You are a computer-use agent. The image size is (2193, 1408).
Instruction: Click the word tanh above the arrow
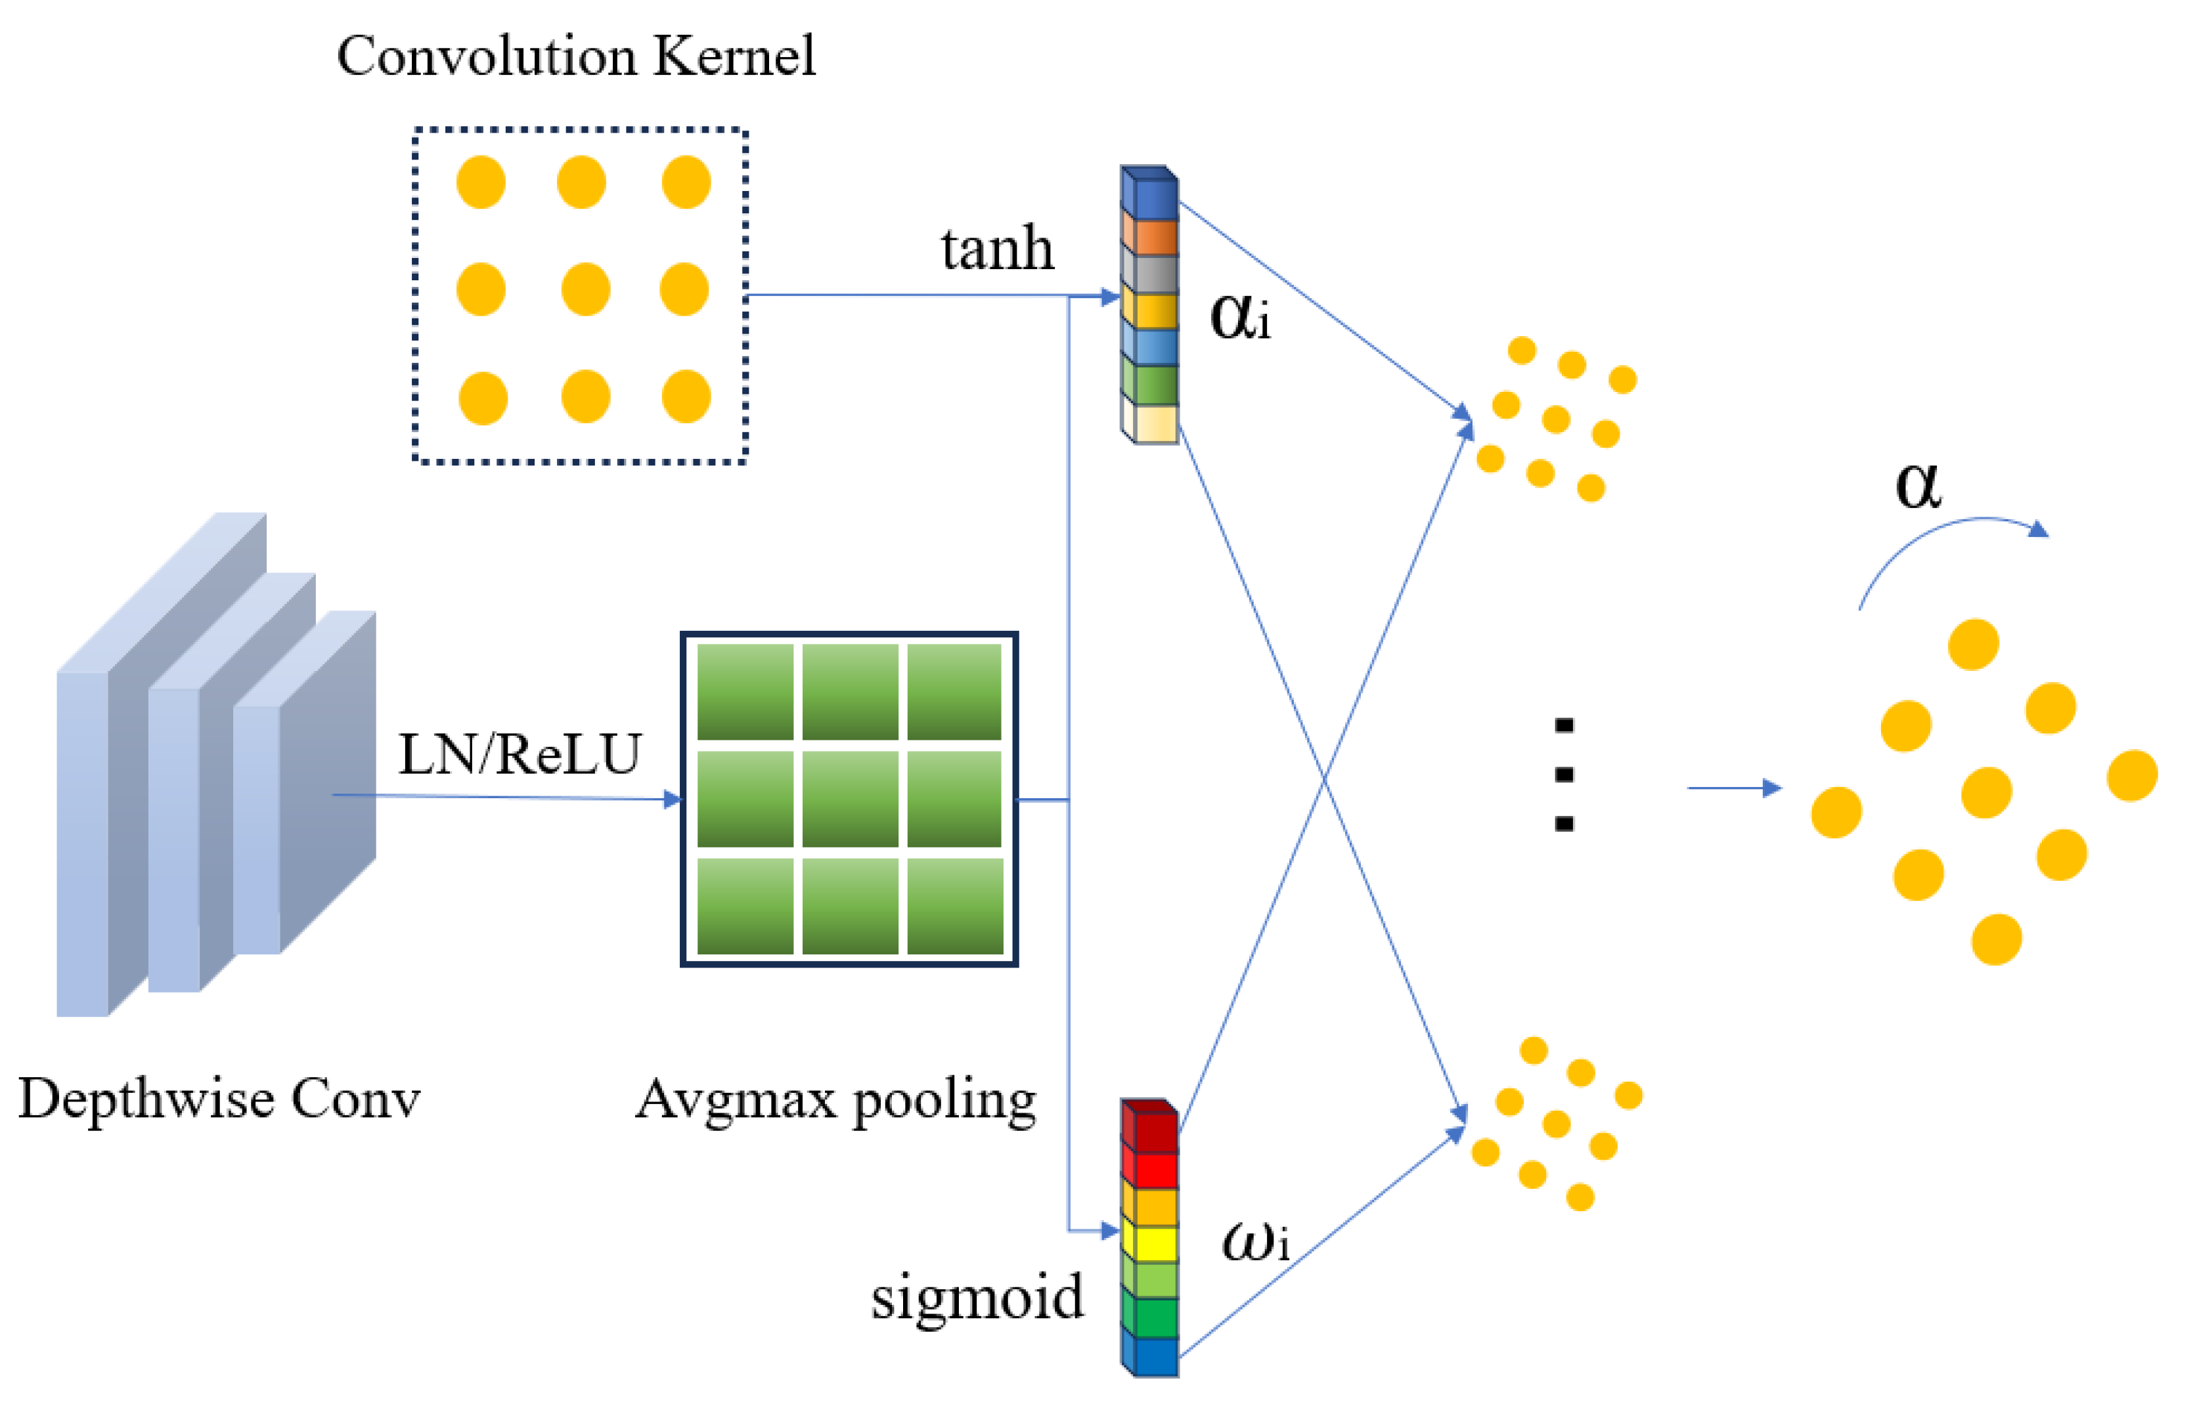(x=997, y=249)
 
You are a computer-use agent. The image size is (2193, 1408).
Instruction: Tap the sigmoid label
(x=977, y=1296)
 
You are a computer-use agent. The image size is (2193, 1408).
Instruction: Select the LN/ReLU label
(x=520, y=755)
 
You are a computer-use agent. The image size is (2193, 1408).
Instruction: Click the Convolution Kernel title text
(x=576, y=56)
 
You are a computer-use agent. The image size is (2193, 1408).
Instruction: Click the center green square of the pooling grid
(x=850, y=798)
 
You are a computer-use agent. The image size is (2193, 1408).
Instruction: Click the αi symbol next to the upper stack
(x=1239, y=317)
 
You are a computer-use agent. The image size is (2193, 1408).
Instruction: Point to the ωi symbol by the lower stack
(x=1254, y=1242)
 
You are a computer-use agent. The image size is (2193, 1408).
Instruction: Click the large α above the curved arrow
(x=1918, y=484)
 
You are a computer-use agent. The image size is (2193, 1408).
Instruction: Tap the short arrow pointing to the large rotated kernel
(x=1733, y=787)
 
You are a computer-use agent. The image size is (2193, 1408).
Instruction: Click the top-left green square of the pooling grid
(x=745, y=691)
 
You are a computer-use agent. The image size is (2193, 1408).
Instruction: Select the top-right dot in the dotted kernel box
(x=686, y=182)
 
